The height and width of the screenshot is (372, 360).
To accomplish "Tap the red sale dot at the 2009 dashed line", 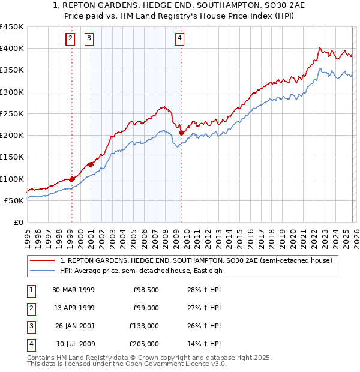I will (181, 133).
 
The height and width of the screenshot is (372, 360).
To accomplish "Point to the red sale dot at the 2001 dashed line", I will (91, 164).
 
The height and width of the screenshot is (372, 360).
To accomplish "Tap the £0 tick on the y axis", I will (18, 223).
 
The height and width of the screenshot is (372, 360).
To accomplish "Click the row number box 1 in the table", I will (30, 290).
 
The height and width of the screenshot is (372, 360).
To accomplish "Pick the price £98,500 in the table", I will (146, 290).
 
